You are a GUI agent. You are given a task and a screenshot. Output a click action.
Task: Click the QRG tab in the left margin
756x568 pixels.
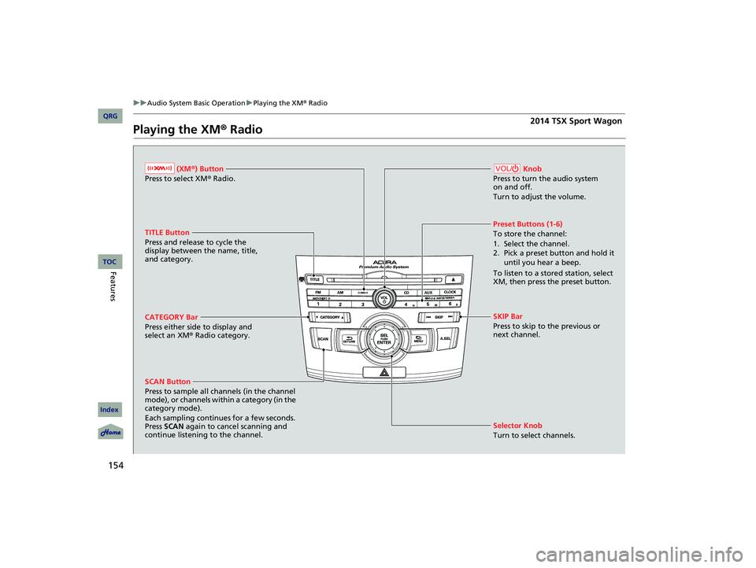pos(109,117)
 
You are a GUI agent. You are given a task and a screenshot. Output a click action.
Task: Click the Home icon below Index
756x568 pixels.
pos(109,432)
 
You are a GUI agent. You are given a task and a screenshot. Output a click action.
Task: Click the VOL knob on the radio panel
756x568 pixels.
pos(384,300)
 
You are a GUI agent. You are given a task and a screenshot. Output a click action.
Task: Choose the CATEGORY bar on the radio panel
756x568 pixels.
pos(330,316)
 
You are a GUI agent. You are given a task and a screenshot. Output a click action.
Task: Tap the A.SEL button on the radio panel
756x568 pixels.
pos(445,338)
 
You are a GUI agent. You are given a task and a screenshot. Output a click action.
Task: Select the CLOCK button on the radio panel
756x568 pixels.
pos(450,291)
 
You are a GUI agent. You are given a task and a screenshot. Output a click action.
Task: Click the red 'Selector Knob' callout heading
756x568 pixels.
pos(517,426)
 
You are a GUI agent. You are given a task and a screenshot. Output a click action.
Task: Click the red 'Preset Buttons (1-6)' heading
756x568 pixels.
pos(528,224)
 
